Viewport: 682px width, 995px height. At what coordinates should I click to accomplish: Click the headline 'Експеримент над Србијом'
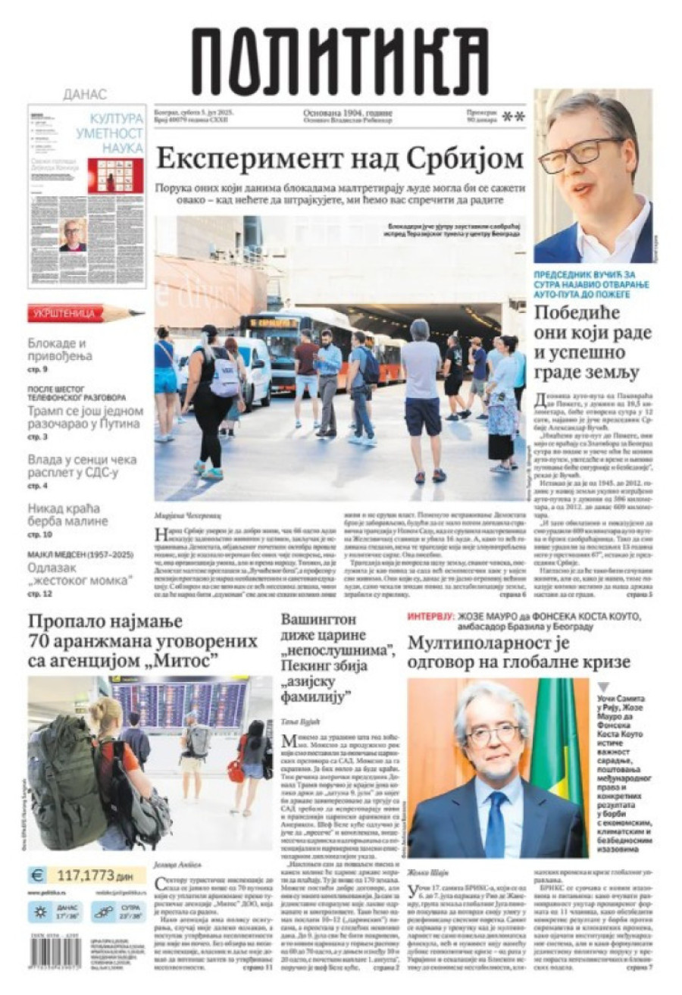339,159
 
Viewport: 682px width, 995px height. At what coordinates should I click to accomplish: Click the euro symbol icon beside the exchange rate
37,876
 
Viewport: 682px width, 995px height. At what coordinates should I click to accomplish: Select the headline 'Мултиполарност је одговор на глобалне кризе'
519,652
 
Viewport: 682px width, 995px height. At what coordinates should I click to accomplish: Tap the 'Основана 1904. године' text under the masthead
348,113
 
